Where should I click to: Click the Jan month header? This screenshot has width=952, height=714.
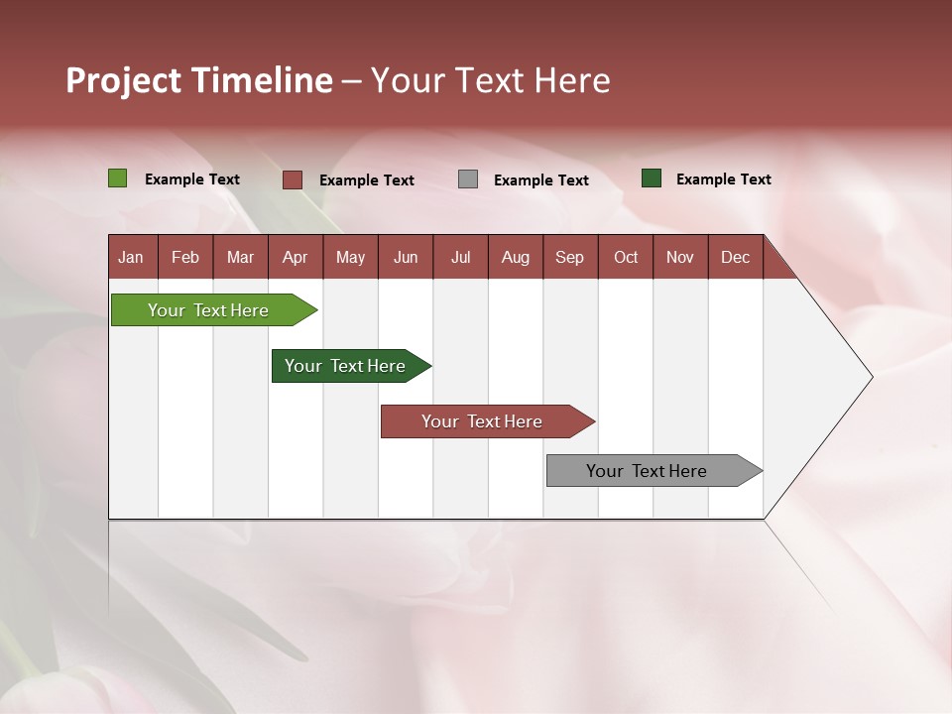[131, 257]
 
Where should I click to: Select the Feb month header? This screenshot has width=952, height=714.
[185, 257]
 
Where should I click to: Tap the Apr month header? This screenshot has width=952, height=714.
[295, 257]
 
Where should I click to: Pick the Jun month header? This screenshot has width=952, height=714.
[405, 257]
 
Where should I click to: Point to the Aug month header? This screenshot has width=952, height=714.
[515, 257]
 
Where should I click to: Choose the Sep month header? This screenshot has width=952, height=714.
[569, 257]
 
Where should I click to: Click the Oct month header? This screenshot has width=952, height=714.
[626, 257]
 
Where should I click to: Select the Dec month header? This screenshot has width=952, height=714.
[735, 257]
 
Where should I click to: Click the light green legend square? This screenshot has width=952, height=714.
[117, 178]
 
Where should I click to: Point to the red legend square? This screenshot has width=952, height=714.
[292, 179]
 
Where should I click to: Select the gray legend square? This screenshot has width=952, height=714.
[468, 179]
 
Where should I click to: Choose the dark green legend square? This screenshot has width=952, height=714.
[652, 178]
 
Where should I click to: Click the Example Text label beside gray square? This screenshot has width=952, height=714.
[541, 179]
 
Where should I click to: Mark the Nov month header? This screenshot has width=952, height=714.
[680, 257]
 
